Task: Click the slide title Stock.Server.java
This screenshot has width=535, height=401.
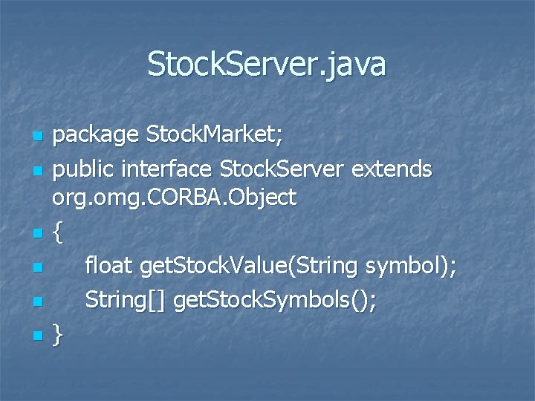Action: point(267,64)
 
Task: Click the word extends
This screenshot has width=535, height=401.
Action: point(392,169)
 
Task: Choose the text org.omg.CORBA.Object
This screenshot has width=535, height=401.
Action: point(174,198)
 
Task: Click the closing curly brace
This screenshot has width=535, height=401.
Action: point(59,337)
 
